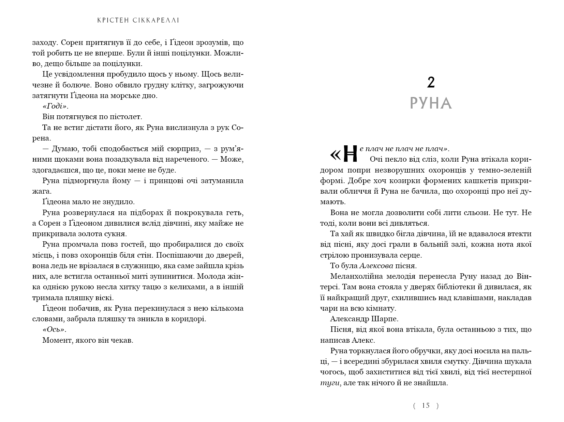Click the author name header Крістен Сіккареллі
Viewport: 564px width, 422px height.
(x=138, y=20)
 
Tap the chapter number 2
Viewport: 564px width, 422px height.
(x=431, y=82)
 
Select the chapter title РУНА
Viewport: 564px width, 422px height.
(x=431, y=103)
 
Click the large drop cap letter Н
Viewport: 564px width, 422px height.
(x=350, y=153)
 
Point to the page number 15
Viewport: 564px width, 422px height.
(x=426, y=405)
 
